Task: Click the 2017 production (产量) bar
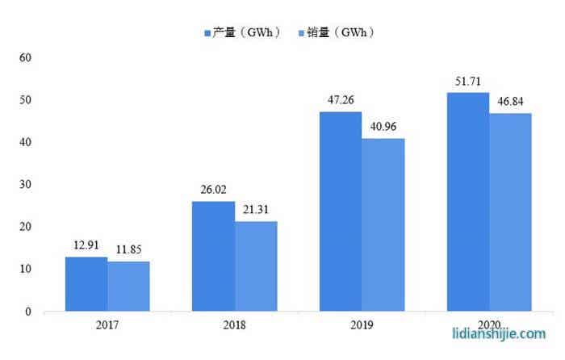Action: (86, 283)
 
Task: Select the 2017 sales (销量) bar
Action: (128, 286)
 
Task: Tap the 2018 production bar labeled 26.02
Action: (213, 256)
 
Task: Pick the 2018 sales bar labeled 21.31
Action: (256, 266)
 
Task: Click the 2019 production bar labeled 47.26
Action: (341, 211)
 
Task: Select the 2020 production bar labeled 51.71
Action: (467, 202)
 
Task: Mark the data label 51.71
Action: (468, 82)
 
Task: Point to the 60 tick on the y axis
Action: (25, 58)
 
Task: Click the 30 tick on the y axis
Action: (25, 185)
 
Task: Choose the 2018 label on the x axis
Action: (234, 326)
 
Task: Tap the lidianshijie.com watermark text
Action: (498, 332)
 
